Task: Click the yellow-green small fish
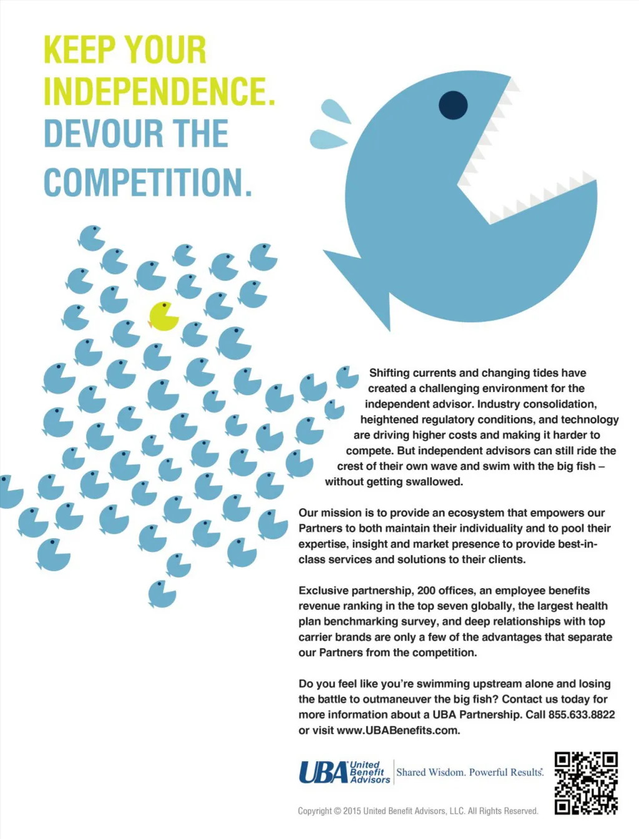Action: coord(164,316)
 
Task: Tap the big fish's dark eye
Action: coord(453,105)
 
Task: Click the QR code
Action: coord(586,783)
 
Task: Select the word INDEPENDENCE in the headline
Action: coord(159,91)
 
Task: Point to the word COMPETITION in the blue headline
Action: coord(147,182)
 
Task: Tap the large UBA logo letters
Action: coord(323,772)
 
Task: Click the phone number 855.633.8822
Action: coord(582,715)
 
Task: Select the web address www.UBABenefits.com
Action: coord(398,730)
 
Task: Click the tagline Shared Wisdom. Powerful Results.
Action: coord(470,772)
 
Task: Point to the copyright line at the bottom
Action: coord(417,811)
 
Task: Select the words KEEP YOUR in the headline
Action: coord(125,50)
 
